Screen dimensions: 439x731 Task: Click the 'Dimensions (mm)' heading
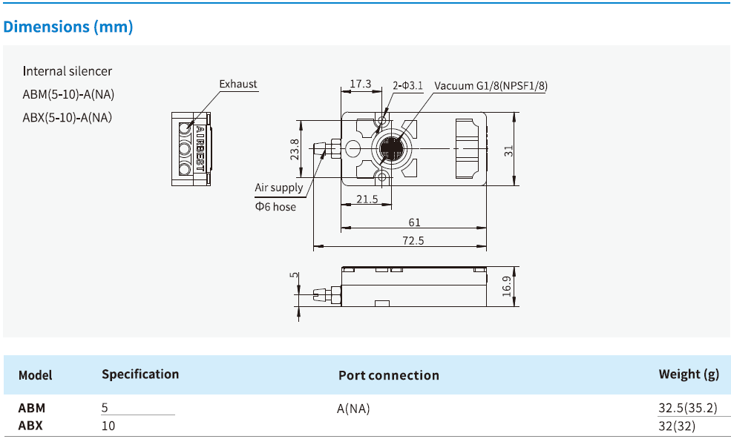pyautogui.click(x=68, y=27)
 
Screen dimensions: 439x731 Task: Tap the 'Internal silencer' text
pyautogui.click(x=68, y=71)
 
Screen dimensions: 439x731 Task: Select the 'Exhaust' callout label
pyautogui.click(x=238, y=84)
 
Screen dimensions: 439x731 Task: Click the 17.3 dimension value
pyautogui.click(x=360, y=84)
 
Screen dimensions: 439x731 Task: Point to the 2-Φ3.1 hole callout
pyautogui.click(x=407, y=85)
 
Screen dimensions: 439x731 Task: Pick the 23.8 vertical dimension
pyautogui.click(x=295, y=150)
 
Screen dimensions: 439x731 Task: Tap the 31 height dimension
pyautogui.click(x=508, y=150)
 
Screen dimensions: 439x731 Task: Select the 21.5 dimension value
pyautogui.click(x=367, y=199)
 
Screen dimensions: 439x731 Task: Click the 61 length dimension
pyautogui.click(x=414, y=222)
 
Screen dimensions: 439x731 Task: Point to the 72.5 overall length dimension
pyautogui.click(x=413, y=240)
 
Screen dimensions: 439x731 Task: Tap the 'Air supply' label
pyautogui.click(x=279, y=188)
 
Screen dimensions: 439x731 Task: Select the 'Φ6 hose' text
pyautogui.click(x=275, y=207)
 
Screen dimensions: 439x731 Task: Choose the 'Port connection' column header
pyautogui.click(x=388, y=375)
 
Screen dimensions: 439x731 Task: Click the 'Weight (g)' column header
pyautogui.click(x=688, y=374)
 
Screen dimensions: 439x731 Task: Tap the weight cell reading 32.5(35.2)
pyautogui.click(x=686, y=408)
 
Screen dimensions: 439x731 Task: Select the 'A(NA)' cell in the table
pyautogui.click(x=353, y=408)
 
